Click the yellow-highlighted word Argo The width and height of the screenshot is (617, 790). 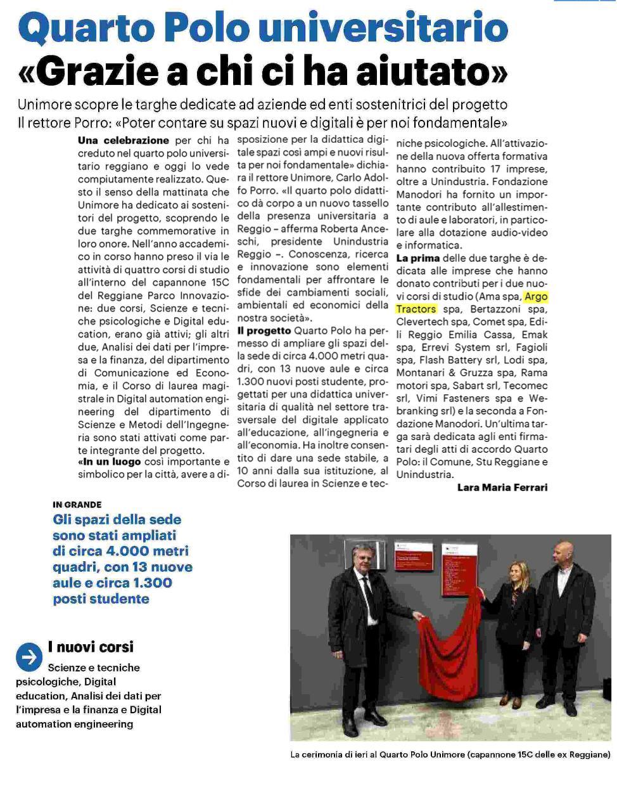[x=536, y=296]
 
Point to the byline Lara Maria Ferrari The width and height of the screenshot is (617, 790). [x=502, y=488]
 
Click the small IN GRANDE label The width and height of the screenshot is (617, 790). [x=77, y=505]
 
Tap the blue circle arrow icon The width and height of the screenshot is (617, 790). [x=29, y=657]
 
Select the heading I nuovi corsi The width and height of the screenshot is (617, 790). [x=91, y=647]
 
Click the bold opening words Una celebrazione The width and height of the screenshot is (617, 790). [x=124, y=140]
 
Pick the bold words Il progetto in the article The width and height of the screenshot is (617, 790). [x=264, y=330]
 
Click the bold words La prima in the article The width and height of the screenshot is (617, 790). [x=418, y=258]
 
